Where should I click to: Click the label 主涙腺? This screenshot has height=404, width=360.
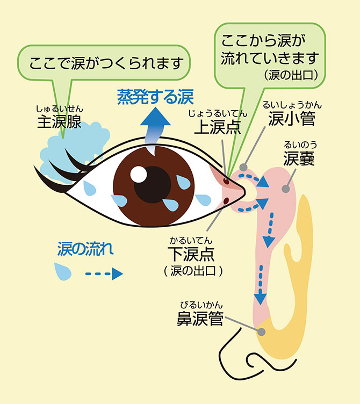click(59, 122)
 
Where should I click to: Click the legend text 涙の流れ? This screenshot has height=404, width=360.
click(85, 249)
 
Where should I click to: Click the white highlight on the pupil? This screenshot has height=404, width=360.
click(138, 174)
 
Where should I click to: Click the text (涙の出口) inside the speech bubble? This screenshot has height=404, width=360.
click(292, 74)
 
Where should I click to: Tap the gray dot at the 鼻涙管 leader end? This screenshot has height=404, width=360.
click(261, 331)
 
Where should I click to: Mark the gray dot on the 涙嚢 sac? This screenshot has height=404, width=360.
click(286, 189)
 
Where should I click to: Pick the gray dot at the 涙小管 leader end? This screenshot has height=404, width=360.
click(244, 167)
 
